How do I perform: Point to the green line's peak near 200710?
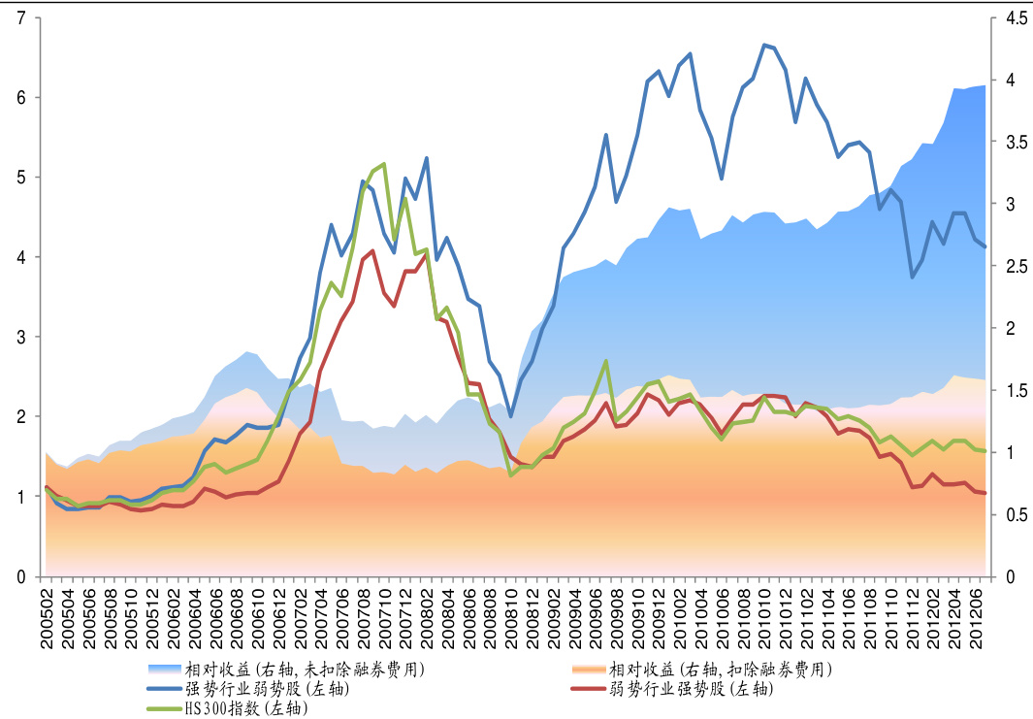pyautogui.click(x=384, y=164)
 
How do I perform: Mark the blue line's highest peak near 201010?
pyautogui.click(x=764, y=45)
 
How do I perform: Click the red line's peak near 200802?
pyautogui.click(x=427, y=254)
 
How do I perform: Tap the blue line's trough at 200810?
pyautogui.click(x=511, y=416)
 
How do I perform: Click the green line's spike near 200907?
pyautogui.click(x=606, y=361)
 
